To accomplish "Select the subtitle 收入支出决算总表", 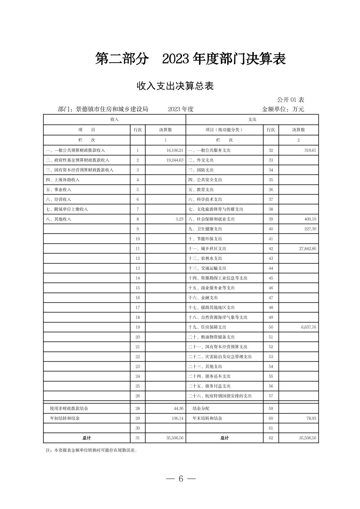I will pyautogui.click(x=175, y=86).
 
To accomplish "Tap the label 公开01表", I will pyautogui.click(x=290, y=100).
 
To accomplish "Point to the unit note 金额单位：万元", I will pyautogui.click(x=283, y=109).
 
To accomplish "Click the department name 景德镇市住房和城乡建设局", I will pyautogui.click(x=112, y=109).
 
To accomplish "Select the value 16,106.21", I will pyautogui.click(x=175, y=150).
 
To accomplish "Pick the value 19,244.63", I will pyautogui.click(x=175, y=160).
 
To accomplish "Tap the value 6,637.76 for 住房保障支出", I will pyautogui.click(x=307, y=327).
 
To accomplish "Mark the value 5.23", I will pyautogui.click(x=179, y=219).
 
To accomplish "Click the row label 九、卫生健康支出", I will pyautogui.click(x=205, y=229).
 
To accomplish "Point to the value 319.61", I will pyautogui.click(x=310, y=150).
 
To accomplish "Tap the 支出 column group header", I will pyautogui.click(x=252, y=120).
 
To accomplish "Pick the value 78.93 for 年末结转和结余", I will pyautogui.click(x=311, y=418).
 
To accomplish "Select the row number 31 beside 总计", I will pyautogui.click(x=137, y=438).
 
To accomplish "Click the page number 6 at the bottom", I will pyautogui.click(x=181, y=479).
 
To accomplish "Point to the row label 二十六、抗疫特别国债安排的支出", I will pyautogui.click(x=220, y=396).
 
